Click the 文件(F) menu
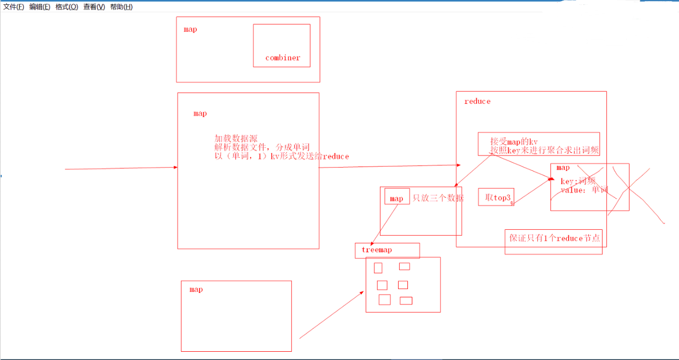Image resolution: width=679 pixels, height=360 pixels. click(x=14, y=7)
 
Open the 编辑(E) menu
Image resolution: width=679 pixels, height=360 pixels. click(x=40, y=7)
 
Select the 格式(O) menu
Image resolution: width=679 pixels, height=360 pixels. click(x=67, y=7)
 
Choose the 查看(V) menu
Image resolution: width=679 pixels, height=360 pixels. click(x=94, y=7)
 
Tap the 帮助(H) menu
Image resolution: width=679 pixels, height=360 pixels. click(x=121, y=7)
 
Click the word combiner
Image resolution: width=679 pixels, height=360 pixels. click(x=283, y=58)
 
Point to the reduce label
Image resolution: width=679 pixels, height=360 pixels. click(x=477, y=101)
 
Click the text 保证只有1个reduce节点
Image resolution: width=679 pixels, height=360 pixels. click(x=553, y=239)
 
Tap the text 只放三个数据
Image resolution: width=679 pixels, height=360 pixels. click(x=438, y=198)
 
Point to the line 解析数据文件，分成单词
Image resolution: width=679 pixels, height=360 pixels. click(x=262, y=147)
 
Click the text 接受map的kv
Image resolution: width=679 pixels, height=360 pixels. click(x=514, y=141)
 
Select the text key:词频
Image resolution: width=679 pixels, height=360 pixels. click(x=577, y=181)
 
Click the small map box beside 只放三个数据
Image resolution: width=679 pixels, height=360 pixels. click(x=396, y=198)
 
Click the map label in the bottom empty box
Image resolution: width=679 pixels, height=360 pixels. click(x=196, y=289)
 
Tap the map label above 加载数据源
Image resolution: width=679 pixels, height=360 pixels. click(x=200, y=113)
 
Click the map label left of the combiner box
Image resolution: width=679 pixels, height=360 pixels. click(x=190, y=29)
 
